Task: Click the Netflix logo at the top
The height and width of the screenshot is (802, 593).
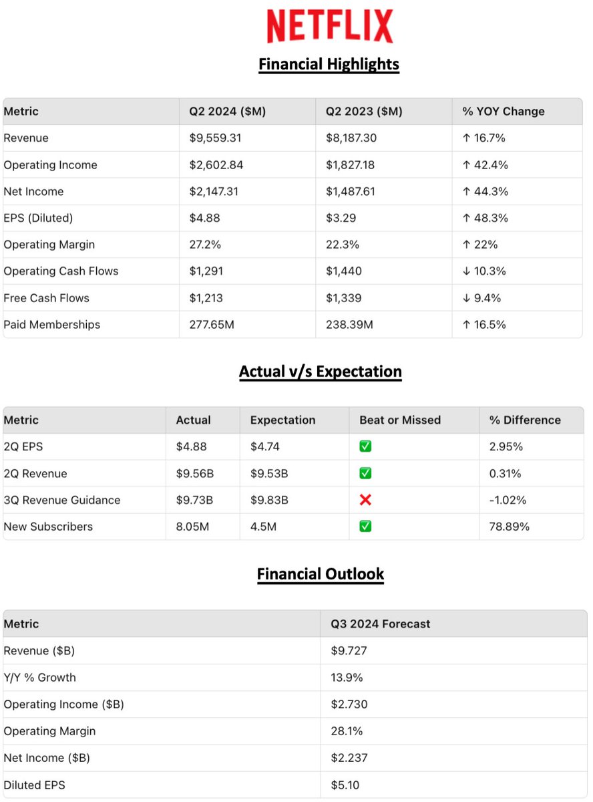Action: (330, 27)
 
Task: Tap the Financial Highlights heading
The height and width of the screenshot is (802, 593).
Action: (329, 64)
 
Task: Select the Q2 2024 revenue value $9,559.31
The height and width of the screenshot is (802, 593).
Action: (214, 138)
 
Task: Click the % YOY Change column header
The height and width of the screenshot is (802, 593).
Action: (503, 112)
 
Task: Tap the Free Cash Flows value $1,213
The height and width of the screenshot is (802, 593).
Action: (206, 298)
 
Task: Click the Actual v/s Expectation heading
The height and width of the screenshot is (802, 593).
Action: (321, 372)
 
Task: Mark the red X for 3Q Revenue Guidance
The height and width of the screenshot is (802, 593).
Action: (365, 500)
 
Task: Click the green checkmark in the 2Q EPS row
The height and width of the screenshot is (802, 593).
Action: (365, 446)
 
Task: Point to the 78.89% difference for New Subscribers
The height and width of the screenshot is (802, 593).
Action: (510, 527)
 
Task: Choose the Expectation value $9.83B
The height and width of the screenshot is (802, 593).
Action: (269, 500)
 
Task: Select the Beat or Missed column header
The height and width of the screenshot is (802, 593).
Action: (400, 420)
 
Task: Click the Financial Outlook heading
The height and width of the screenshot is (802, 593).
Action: (321, 573)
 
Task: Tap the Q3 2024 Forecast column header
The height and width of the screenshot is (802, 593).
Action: (380, 624)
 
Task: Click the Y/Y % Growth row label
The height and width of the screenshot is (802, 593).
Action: (40, 678)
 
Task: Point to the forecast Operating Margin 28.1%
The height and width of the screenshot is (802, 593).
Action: (347, 731)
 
